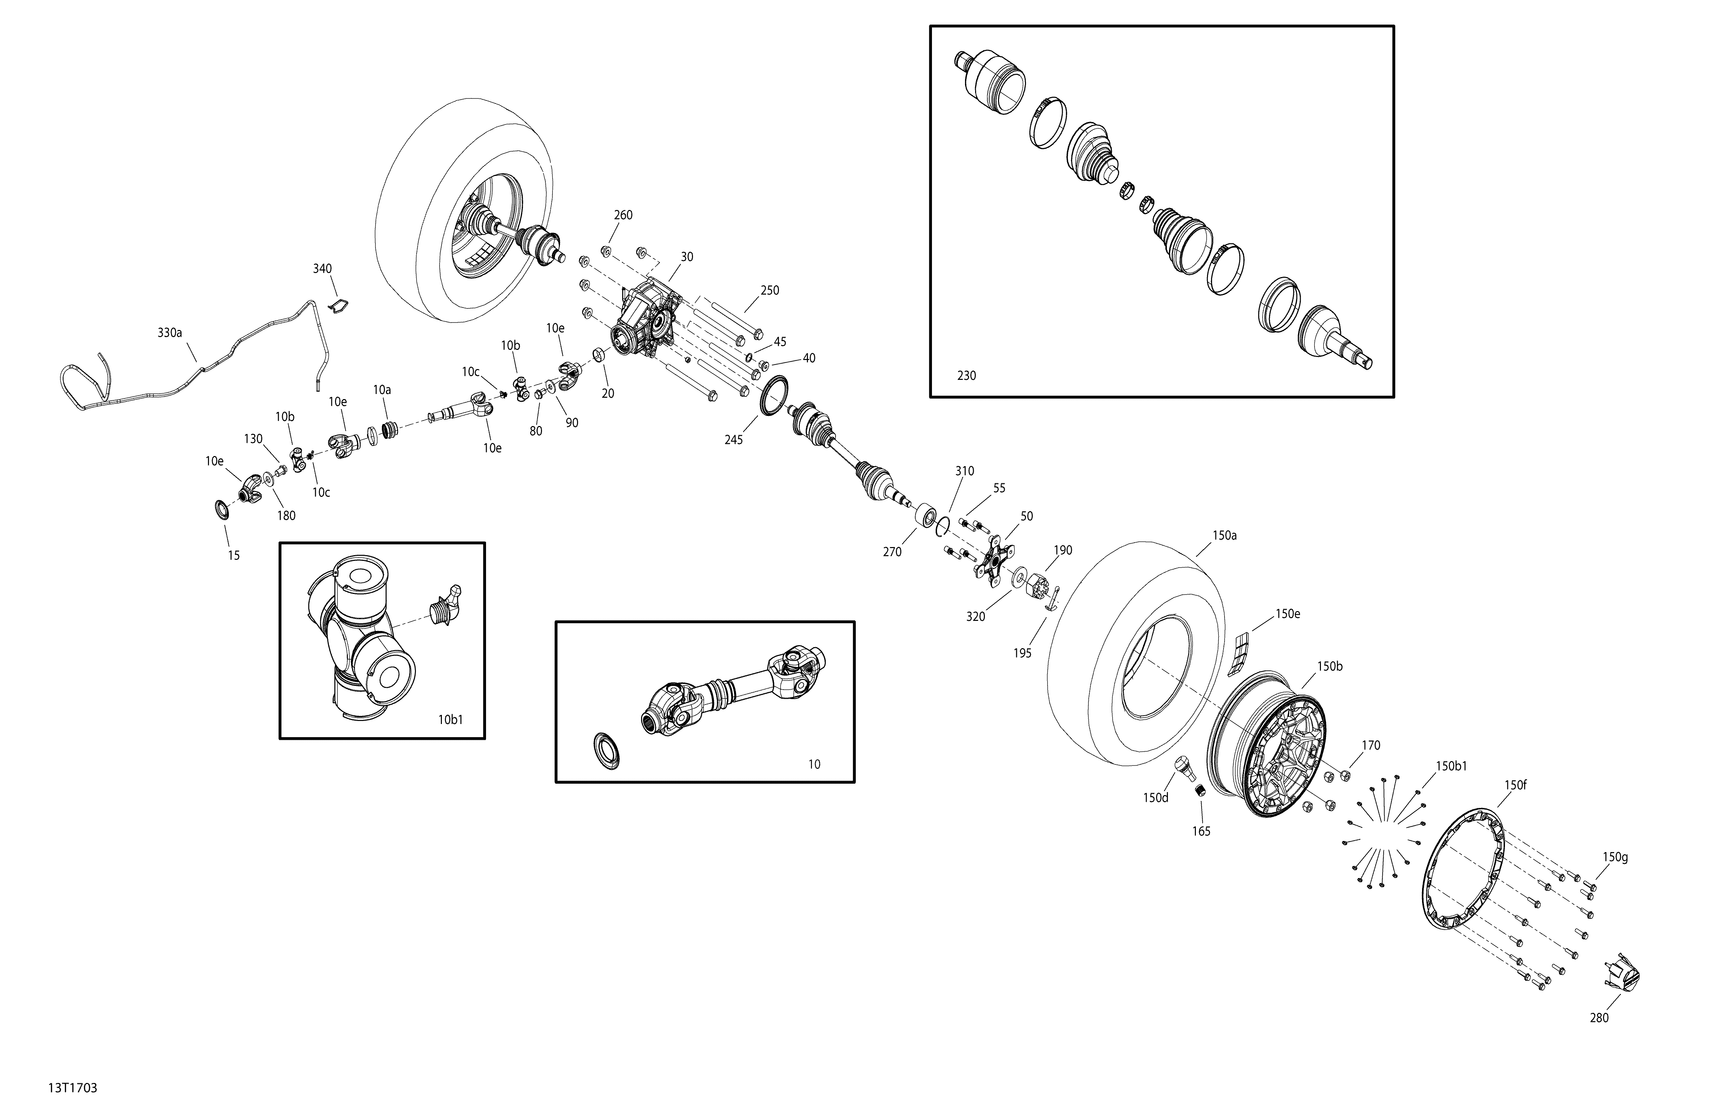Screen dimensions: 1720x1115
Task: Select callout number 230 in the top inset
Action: point(966,376)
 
